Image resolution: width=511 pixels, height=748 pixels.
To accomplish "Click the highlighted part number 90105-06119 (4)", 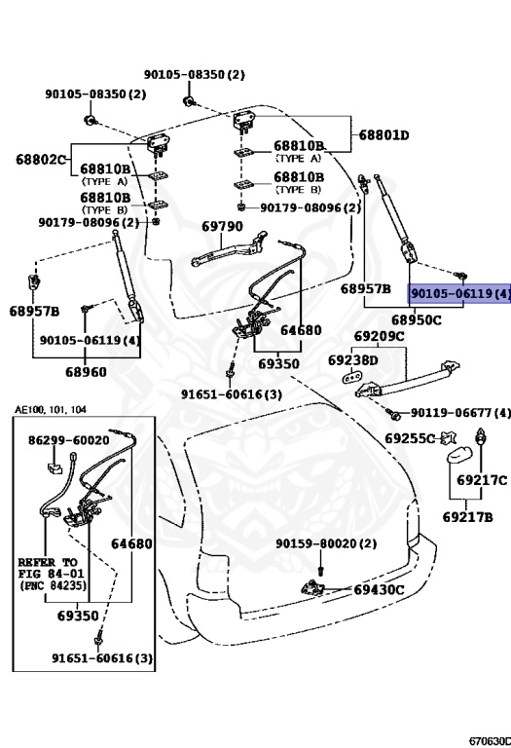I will (x=459, y=293).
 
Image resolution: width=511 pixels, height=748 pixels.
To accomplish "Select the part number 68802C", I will (x=40, y=159).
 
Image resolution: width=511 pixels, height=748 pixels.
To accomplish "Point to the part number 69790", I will (x=222, y=226).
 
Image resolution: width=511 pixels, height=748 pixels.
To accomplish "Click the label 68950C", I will (x=417, y=319).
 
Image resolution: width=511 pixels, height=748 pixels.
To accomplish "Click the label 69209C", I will (x=379, y=338).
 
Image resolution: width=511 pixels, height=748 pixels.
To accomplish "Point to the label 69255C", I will (x=409, y=439).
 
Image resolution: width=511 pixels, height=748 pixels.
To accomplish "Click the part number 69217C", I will (x=482, y=480).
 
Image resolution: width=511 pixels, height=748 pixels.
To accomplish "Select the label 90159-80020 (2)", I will (x=324, y=543).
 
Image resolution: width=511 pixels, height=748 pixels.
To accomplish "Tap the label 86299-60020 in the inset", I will (x=68, y=440).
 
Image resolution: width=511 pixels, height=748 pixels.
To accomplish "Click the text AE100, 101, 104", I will (x=51, y=410).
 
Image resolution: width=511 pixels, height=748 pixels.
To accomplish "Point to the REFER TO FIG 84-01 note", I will (x=52, y=575).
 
